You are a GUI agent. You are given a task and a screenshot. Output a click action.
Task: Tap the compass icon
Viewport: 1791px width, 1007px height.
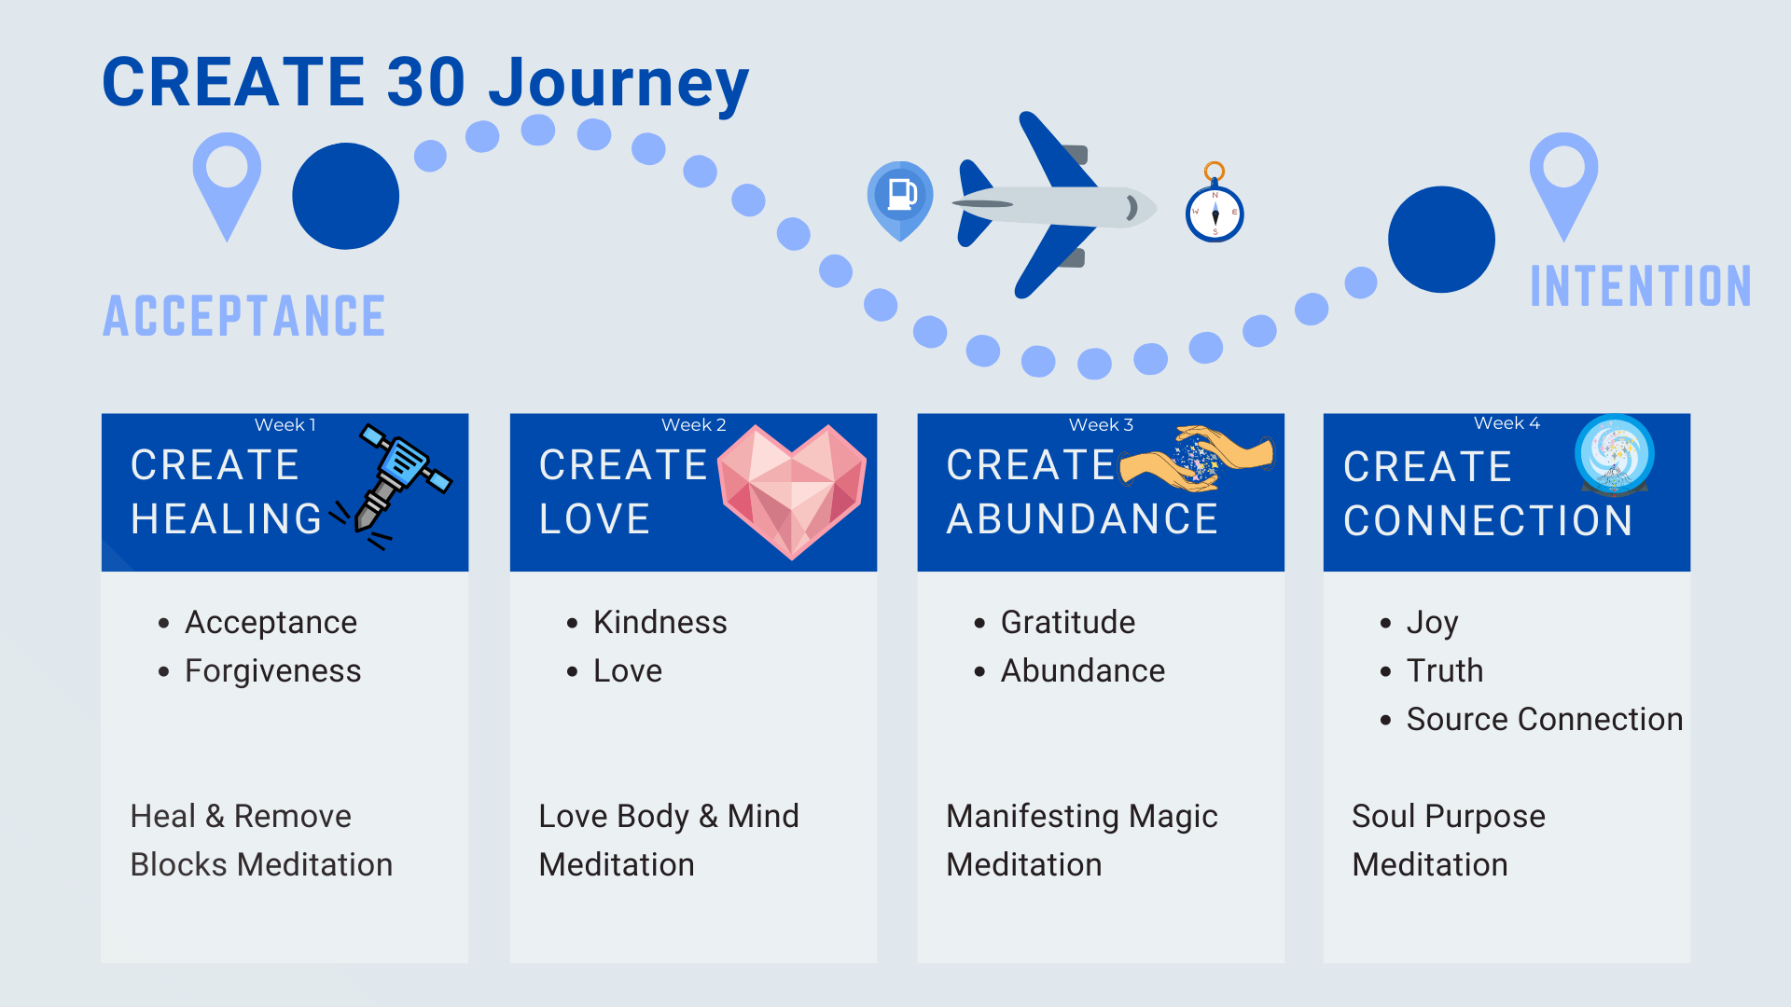click(x=1215, y=211)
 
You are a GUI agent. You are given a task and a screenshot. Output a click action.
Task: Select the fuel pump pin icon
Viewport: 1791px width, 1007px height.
click(x=900, y=198)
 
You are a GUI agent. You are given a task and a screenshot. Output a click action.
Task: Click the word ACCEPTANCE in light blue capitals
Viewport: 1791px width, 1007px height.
click(x=244, y=316)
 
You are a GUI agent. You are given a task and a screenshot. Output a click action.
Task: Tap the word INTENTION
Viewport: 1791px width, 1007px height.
click(x=1641, y=286)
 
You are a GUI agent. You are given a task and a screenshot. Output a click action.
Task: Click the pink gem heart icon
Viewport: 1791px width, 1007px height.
click(x=792, y=490)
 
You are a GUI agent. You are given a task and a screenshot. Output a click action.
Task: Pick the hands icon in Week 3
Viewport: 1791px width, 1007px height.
click(x=1196, y=458)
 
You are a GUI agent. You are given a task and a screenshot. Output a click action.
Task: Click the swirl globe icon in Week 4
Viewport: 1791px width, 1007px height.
click(x=1614, y=454)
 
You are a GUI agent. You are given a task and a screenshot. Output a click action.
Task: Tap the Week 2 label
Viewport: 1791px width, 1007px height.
click(x=693, y=425)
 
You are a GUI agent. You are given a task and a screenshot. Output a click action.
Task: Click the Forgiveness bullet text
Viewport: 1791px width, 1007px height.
click(x=272, y=671)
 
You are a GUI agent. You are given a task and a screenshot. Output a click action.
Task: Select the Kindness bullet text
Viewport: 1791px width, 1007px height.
click(x=659, y=623)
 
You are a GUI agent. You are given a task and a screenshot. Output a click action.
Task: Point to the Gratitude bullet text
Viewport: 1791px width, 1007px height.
click(x=1068, y=623)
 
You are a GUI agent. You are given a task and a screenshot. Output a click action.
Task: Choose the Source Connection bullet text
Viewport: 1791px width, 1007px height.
click(x=1544, y=720)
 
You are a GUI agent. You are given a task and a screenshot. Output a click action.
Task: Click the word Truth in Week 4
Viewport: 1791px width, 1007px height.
click(x=1444, y=671)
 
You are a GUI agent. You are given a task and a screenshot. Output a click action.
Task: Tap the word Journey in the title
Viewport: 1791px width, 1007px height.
click(x=618, y=84)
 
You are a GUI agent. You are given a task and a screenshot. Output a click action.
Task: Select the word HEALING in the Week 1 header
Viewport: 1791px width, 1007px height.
click(x=227, y=519)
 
